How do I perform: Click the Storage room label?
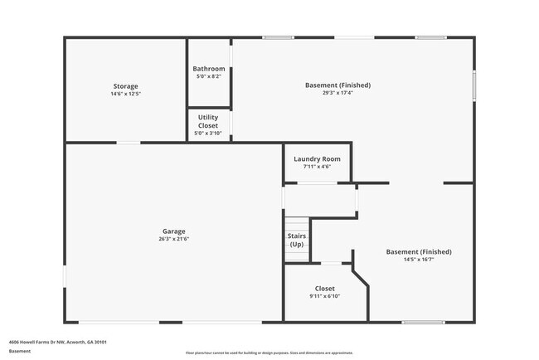coord(125,86)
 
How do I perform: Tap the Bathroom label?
coord(208,69)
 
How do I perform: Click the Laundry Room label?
coord(317,158)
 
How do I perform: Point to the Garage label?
coord(173,231)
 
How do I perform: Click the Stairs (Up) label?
coord(296,241)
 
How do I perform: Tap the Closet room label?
coord(324,289)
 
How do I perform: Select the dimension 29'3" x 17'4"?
coord(337,93)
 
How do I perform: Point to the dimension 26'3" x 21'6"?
coord(173,239)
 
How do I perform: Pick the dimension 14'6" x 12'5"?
coord(125,94)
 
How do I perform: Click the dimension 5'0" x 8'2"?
coord(208,76)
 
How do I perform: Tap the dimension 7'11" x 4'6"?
coord(317,167)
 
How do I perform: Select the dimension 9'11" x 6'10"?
coord(324,296)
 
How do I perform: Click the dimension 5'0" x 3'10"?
coord(208,134)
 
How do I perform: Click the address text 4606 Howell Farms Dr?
coord(57,342)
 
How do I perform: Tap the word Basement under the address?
coord(20,351)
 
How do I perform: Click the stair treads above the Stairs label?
coord(296,225)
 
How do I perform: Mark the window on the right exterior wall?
coord(474,85)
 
